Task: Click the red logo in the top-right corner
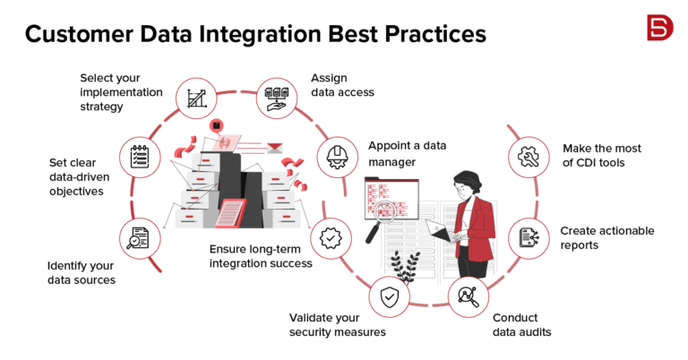tap(659, 28)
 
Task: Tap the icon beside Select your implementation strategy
tap(195, 98)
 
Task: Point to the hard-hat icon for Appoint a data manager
tap(338, 156)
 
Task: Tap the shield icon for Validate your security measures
tap(388, 299)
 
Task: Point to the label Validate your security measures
tap(337, 324)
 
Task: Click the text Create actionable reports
tap(606, 237)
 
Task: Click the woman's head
tap(468, 184)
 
